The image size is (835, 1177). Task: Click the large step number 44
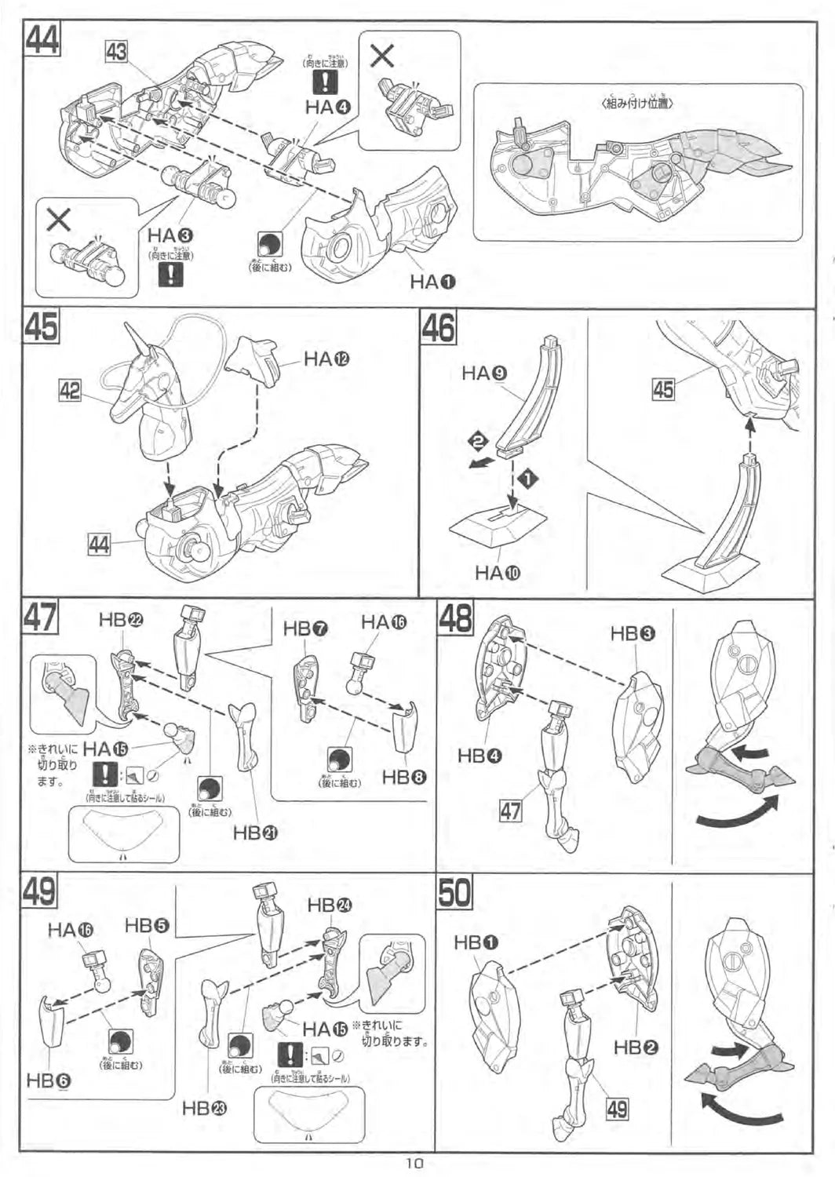(42, 40)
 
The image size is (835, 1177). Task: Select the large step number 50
(454, 892)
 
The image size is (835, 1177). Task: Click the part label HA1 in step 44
(432, 281)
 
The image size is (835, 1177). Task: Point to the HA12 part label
(326, 359)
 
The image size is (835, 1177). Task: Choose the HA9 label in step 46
(484, 373)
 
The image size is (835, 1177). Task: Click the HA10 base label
(498, 573)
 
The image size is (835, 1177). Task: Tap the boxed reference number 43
(116, 53)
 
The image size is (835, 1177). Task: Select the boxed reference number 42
(70, 390)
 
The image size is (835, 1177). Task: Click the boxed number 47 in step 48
(510, 810)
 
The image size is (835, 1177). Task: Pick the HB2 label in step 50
(636, 1046)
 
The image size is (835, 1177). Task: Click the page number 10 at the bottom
(417, 1164)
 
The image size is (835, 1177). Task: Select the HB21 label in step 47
(255, 833)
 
